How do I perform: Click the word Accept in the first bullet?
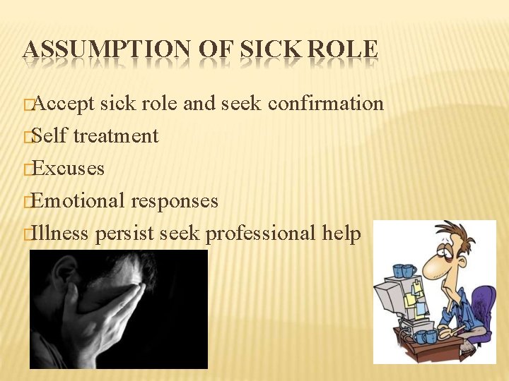(x=64, y=104)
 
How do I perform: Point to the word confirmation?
(x=326, y=104)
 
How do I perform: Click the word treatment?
(x=115, y=135)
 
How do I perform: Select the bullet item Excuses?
(x=68, y=169)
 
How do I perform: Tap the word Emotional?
(x=78, y=201)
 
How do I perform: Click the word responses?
(x=174, y=202)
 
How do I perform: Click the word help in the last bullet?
(x=341, y=233)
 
